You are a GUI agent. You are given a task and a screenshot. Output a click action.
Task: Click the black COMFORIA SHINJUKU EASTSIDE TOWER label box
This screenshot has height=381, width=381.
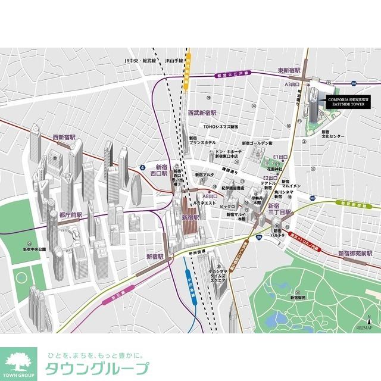coord(347,101)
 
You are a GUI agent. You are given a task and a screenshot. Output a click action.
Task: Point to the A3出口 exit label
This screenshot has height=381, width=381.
coord(292,85)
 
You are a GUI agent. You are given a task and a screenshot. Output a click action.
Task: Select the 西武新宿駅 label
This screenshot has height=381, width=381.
coord(202,113)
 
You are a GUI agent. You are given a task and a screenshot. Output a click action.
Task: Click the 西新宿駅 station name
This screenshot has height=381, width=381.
coord(64,137)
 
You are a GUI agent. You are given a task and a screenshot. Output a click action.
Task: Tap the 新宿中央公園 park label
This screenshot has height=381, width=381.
coord(35,249)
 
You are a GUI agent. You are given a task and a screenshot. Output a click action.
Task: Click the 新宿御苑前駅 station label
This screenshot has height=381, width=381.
coord(355,253)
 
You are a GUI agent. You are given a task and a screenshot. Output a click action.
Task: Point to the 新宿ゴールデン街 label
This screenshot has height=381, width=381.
coord(257,143)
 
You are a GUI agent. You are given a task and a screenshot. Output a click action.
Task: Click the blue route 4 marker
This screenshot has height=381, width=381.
coord(142,168)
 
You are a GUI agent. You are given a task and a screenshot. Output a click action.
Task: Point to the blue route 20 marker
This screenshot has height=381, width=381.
coord(259,238)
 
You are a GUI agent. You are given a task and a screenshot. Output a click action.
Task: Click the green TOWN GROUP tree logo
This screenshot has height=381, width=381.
coord(18,362)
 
